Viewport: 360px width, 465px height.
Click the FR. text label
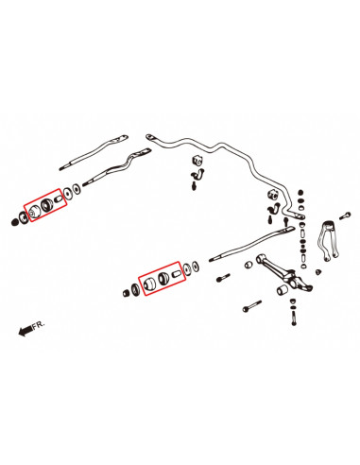[36, 325]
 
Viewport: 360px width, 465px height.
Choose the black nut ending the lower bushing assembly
[127, 294]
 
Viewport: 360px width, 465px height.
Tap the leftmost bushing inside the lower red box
[146, 284]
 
